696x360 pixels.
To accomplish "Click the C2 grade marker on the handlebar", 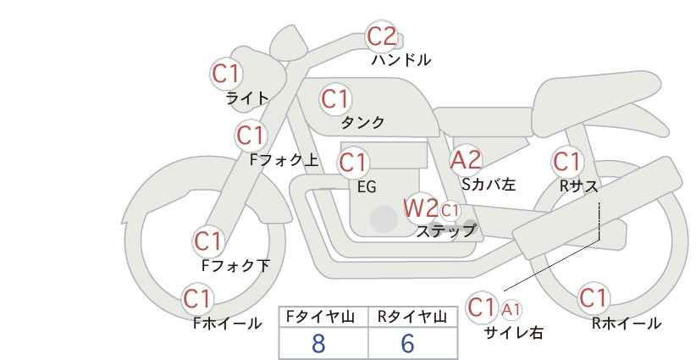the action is click(381, 36).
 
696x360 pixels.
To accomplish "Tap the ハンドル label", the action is click(401, 60).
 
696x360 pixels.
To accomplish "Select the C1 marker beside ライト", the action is click(226, 74).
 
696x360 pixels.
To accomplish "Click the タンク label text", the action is click(362, 122).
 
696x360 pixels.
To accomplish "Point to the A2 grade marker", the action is click(466, 160).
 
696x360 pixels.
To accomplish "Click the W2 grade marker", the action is click(421, 208).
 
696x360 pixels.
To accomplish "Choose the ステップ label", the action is click(445, 231).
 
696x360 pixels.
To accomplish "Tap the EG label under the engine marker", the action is click(367, 187).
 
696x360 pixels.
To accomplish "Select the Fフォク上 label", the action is click(284, 160).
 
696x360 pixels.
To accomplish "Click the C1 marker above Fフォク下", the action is click(207, 241).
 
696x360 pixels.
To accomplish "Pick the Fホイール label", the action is click(227, 324).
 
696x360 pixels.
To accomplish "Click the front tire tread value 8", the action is click(318, 343).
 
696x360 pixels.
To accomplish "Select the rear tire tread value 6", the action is click(407, 343).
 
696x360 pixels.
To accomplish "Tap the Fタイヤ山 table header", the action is click(320, 317).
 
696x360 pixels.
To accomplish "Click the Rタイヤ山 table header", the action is click(412, 317).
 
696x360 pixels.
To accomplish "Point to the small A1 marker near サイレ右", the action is click(511, 309).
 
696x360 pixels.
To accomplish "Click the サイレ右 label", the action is click(514, 333).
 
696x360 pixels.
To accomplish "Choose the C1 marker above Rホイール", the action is click(593, 298).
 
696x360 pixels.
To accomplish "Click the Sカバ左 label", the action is click(489, 184).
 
